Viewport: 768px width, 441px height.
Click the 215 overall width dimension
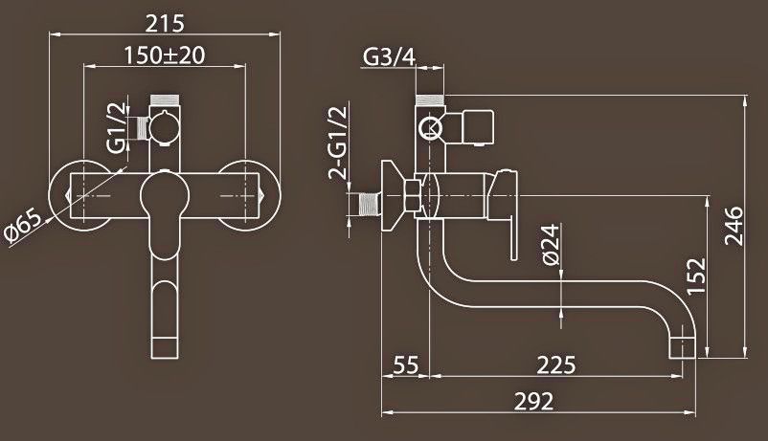[165, 23]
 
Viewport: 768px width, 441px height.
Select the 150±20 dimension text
[164, 55]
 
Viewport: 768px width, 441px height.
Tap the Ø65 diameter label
[22, 227]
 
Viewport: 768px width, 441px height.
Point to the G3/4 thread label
[390, 56]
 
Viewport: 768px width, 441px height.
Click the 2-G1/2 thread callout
[338, 143]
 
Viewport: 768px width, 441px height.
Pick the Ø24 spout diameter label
[552, 244]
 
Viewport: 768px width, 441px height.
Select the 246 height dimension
[734, 226]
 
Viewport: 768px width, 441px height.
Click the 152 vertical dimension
[696, 276]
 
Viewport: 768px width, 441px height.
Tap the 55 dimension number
[407, 364]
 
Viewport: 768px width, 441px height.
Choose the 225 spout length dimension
[556, 364]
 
